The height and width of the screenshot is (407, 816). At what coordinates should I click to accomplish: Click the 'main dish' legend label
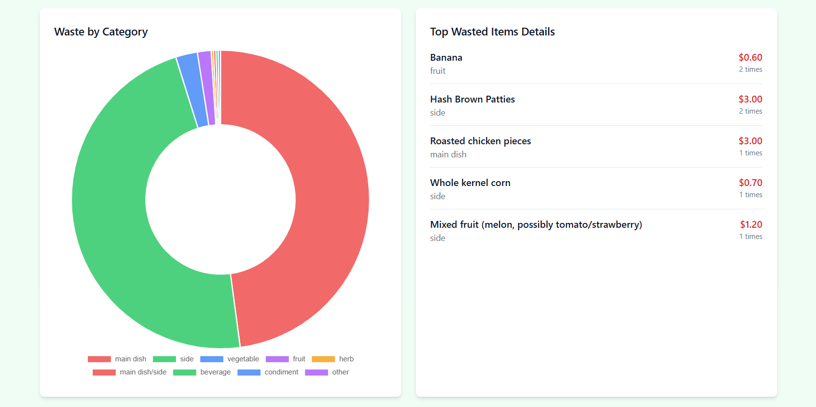131,359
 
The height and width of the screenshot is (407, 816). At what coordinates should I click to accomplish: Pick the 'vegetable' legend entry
243,359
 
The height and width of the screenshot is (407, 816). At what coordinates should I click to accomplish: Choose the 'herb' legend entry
346,359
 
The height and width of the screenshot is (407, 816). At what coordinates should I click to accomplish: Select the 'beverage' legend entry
215,372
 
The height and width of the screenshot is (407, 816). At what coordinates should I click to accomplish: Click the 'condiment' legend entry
281,372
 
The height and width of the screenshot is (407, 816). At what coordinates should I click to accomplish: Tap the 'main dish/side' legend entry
143,372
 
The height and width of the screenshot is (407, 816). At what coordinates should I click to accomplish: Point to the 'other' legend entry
340,372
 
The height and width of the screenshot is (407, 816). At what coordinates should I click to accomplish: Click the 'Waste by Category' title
101,32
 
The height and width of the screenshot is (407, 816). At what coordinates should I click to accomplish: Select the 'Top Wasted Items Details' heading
492,32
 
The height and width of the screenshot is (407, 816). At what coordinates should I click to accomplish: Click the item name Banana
446,57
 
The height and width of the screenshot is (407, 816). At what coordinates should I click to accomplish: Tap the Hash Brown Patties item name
473,99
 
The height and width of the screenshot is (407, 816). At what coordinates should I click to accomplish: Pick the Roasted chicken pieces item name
480,141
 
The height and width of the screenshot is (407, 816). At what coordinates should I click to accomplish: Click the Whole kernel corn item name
470,183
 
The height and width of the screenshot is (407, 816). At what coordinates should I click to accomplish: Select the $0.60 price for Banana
750,57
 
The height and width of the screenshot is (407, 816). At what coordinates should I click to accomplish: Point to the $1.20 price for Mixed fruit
751,224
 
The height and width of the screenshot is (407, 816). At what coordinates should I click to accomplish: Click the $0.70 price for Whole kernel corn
751,183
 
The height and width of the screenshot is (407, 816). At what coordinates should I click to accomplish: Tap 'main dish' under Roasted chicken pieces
448,154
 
